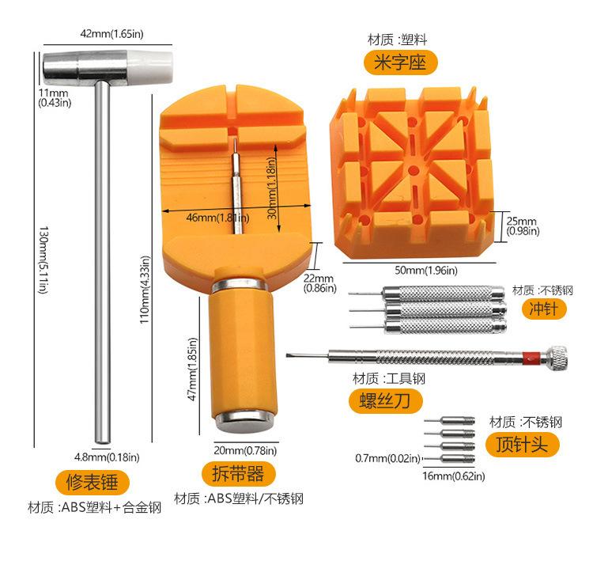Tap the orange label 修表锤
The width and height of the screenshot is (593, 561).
[x=87, y=480]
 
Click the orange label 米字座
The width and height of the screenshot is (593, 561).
[x=400, y=62]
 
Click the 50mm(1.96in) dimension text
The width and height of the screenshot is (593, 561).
[x=425, y=271]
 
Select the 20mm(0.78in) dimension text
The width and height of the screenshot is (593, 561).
[x=246, y=451]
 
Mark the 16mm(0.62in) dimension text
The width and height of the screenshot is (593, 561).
[x=453, y=476]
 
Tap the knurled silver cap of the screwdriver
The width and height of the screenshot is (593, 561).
[x=557, y=357]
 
